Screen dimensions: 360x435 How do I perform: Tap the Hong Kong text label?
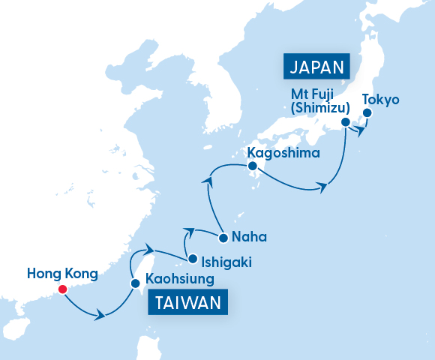click(61, 274)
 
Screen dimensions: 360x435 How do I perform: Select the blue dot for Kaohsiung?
click(135, 284)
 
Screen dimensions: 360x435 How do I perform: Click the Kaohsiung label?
click(180, 280)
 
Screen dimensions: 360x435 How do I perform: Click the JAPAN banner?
click(316, 66)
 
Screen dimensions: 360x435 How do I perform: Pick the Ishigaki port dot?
click(193, 259)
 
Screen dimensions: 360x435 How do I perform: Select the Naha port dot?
click(223, 239)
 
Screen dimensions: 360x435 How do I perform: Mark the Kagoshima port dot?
click(252, 166)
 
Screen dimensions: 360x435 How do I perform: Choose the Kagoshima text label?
click(283, 154)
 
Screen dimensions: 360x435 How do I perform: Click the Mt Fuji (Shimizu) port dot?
click(345, 122)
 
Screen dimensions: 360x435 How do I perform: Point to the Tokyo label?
click(381, 99)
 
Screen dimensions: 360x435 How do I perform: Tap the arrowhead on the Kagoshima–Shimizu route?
click(322, 186)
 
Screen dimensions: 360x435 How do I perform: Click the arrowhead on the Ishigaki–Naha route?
click(188, 231)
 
